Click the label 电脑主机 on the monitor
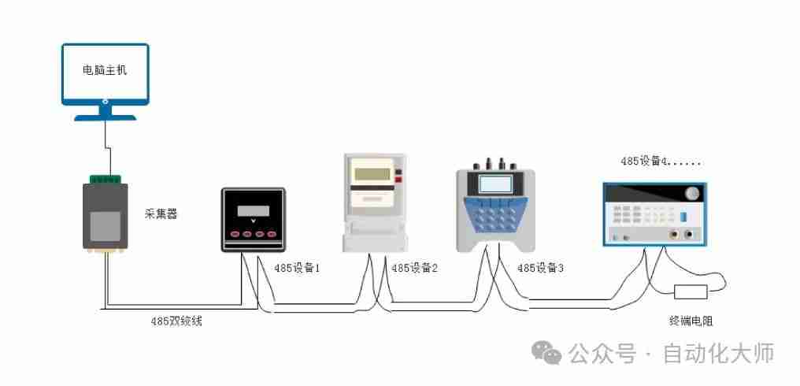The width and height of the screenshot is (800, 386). (x=105, y=70)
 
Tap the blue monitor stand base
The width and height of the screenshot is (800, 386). (x=106, y=116)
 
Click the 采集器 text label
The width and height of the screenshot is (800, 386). (x=161, y=213)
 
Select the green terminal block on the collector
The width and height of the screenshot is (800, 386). (x=106, y=180)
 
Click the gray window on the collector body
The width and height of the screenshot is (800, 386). (x=105, y=225)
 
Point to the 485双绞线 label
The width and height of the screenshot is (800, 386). (x=176, y=321)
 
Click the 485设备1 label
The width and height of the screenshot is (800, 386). (x=297, y=268)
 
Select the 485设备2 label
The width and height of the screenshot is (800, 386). (x=414, y=268)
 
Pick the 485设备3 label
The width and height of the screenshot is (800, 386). (x=540, y=268)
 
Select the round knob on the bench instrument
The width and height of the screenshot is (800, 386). (x=692, y=194)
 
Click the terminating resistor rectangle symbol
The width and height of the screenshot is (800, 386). (x=691, y=292)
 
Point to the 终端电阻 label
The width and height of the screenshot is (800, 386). (x=691, y=321)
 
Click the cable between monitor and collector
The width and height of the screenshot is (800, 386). (x=106, y=147)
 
